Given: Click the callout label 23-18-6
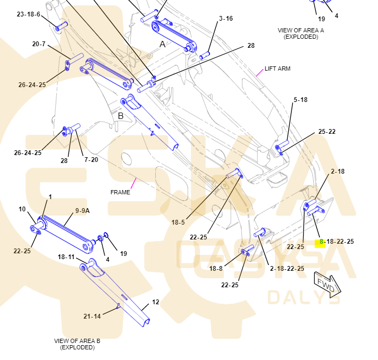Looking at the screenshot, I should point(28,14).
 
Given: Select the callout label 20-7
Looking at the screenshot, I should point(39,44).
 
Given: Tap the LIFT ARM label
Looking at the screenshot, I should point(278,68).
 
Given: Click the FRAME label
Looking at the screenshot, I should point(120,192).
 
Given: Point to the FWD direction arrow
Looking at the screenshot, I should point(327,286).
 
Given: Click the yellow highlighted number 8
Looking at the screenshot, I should point(321,242).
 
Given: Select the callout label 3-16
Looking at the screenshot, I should point(225,19).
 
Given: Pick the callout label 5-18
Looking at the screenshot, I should point(300,99).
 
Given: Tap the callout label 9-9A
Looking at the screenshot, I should point(82,210).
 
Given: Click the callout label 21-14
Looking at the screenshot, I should point(92,316).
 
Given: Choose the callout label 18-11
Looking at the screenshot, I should point(66,256).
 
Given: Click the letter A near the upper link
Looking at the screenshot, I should point(163,45).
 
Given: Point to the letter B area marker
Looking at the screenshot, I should point(121,116).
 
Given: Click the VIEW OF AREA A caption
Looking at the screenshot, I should point(300,33).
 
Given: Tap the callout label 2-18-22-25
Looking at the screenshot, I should point(287,268).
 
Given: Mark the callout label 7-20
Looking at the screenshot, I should point(91,159).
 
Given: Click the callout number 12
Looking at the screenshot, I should point(155,302).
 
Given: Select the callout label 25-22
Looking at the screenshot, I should point(327,132).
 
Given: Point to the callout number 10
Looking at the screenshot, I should point(22,209).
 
